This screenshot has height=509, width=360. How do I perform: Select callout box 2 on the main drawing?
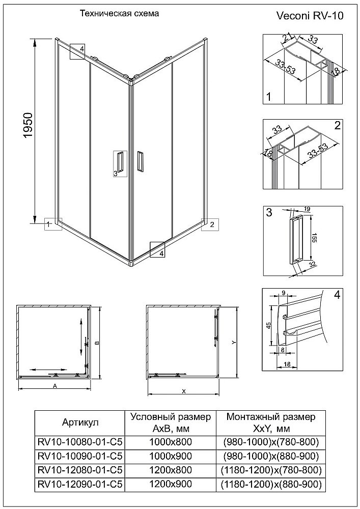click(x=210, y=224)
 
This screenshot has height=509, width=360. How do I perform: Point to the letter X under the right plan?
click(x=183, y=391)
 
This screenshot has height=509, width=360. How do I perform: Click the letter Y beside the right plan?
click(x=233, y=343)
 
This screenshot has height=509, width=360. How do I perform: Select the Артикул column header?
click(x=79, y=422)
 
